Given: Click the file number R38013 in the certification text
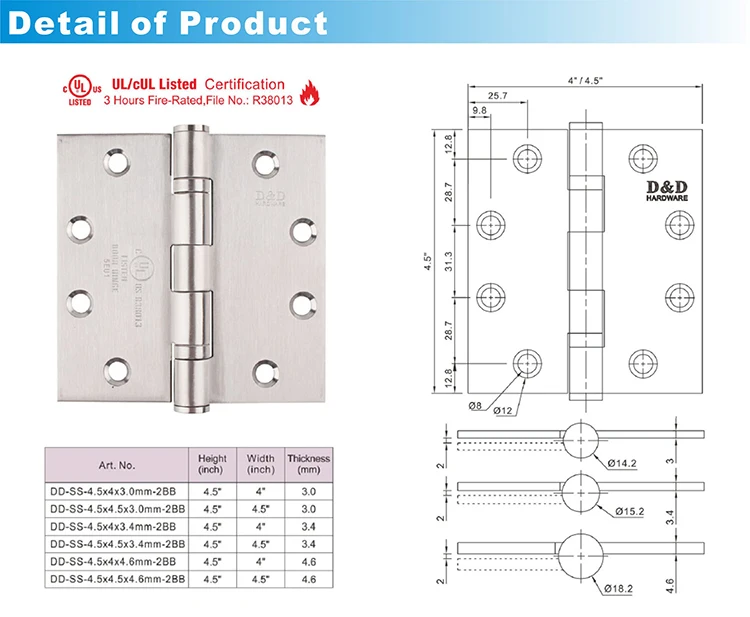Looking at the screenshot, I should coord(260,100).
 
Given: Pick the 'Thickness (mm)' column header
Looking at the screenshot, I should coord(308,464).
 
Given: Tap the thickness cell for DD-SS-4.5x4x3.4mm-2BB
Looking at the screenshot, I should coord(308,528).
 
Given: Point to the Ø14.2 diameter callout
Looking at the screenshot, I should coord(621,462).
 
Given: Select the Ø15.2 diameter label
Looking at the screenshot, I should coord(621,512).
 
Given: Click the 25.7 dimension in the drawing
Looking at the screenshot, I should coord(497,96).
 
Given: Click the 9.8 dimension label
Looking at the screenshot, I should coord(479,111).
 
